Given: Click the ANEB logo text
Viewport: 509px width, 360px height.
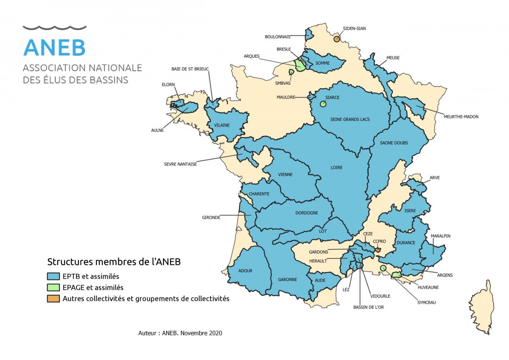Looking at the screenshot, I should (x=54, y=47).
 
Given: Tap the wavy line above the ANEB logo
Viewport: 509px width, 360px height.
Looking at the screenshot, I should (x=54, y=28).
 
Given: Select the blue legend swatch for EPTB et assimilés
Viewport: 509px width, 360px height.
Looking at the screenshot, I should (x=53, y=276).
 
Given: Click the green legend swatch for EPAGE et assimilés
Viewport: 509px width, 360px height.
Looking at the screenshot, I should (x=53, y=287).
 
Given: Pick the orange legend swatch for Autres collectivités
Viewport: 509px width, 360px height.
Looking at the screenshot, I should (x=53, y=298).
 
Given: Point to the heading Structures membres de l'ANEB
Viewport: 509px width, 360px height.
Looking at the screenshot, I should (x=114, y=262).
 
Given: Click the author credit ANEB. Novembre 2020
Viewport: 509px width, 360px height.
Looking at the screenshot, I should (x=180, y=333).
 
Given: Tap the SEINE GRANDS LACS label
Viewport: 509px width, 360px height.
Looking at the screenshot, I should (x=350, y=119).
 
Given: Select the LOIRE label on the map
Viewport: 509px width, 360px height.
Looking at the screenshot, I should (x=336, y=167).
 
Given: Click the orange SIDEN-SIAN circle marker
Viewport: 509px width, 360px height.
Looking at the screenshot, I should (x=336, y=39).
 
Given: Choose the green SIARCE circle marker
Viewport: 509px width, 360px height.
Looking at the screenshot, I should (x=323, y=104).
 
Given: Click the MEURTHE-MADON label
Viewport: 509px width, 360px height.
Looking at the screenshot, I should (x=461, y=117).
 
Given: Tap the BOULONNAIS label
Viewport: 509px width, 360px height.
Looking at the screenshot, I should (x=277, y=37).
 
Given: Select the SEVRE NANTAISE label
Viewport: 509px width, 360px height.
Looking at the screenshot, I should (x=180, y=164).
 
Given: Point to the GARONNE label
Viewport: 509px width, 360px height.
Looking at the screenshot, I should (x=287, y=279).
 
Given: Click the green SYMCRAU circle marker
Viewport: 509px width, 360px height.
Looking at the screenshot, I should (x=383, y=268).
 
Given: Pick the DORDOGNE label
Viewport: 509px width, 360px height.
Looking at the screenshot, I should (x=307, y=213).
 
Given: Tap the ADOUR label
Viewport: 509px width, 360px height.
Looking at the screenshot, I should (x=245, y=270).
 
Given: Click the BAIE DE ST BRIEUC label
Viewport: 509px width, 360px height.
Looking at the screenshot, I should (x=190, y=69).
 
